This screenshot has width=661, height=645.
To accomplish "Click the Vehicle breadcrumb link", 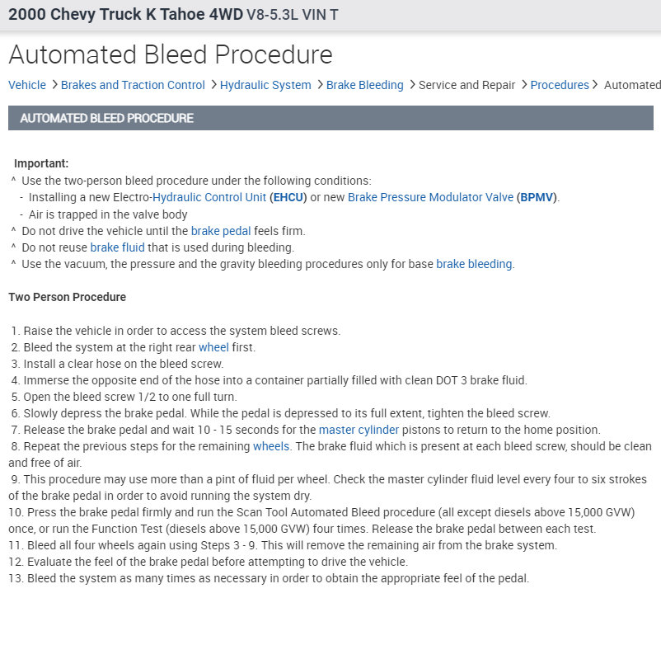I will (x=27, y=85).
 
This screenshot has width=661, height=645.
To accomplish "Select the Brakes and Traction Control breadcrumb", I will (x=133, y=85).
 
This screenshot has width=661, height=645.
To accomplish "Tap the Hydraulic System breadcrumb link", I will (x=265, y=85).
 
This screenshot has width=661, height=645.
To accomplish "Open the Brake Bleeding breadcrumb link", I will (x=364, y=85).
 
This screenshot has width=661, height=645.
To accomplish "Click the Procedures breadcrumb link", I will (x=560, y=85).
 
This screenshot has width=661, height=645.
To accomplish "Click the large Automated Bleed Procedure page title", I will (x=171, y=54).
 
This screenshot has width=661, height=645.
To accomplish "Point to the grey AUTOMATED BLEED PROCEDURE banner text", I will (x=106, y=118).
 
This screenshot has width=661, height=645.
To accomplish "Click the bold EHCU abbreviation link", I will (x=288, y=197).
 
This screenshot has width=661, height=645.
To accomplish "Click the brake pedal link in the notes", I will (x=220, y=231).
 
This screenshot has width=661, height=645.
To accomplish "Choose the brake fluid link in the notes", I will (x=117, y=247).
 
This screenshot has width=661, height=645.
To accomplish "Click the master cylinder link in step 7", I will (x=359, y=430).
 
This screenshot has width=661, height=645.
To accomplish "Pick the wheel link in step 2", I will (x=213, y=347).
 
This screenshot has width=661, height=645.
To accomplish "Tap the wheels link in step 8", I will (x=271, y=446).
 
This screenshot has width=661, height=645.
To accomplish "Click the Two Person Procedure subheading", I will (x=67, y=297).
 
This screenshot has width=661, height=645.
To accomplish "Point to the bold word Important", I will (x=41, y=163).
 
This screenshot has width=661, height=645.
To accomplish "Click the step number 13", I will (x=16, y=578).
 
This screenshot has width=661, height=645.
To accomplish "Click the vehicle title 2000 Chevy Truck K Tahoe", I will (x=124, y=15).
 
